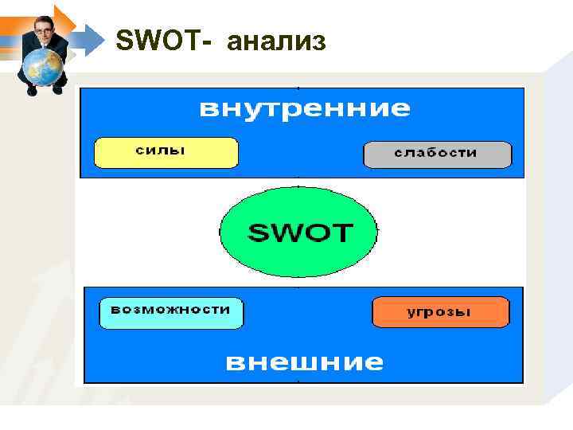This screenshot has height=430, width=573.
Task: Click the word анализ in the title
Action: [x=276, y=41]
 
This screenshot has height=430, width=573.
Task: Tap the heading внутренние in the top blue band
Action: [x=304, y=109]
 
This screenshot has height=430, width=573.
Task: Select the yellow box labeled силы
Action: [x=166, y=152]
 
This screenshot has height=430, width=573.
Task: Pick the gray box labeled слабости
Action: [x=437, y=154]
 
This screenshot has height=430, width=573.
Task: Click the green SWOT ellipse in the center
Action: [x=298, y=232]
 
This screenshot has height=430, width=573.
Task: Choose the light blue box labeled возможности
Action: [x=170, y=312]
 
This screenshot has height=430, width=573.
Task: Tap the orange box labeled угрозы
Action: [x=440, y=311]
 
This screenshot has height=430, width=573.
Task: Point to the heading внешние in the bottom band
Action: [x=304, y=363]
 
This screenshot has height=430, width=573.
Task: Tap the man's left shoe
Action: [x=58, y=89]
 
